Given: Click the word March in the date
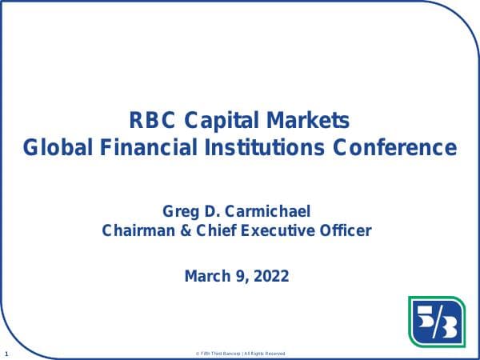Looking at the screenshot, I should point(207,277).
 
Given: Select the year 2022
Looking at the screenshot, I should point(270,277).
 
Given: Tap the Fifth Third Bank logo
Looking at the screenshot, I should point(436,322).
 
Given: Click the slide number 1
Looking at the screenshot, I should point(6,353).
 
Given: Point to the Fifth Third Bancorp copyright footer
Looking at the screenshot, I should point(239,354).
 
